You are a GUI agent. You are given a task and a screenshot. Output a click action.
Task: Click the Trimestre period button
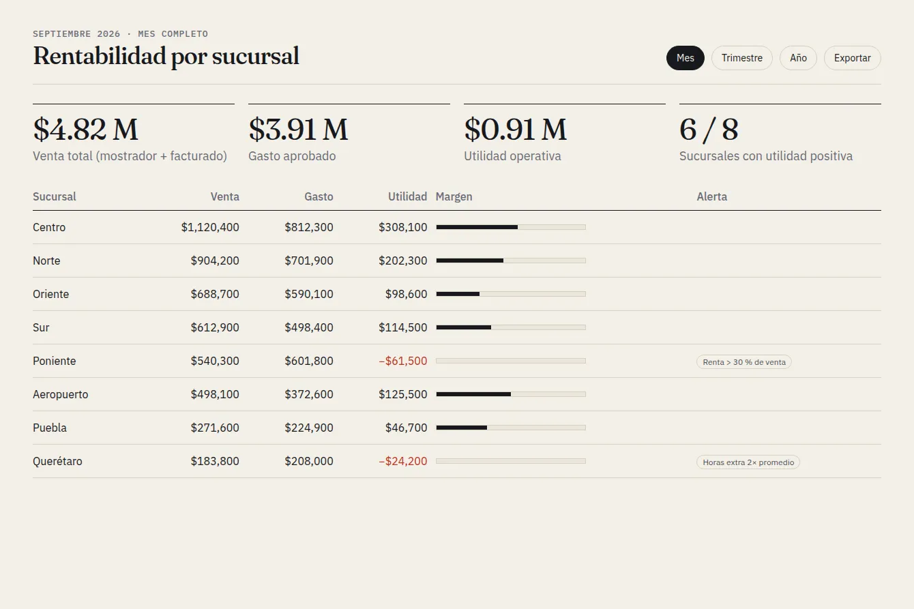click(x=742, y=58)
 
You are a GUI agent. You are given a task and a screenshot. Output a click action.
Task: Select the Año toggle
click(x=798, y=58)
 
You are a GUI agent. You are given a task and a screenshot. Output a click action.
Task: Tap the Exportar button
click(x=853, y=58)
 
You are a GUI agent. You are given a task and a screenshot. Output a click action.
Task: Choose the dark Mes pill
click(x=685, y=58)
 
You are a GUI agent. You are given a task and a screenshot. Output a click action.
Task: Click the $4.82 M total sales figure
click(x=86, y=130)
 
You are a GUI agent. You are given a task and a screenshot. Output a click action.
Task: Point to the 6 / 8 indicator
click(x=709, y=130)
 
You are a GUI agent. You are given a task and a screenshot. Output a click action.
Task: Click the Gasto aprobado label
click(x=292, y=155)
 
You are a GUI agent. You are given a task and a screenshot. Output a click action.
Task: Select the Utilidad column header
click(x=407, y=196)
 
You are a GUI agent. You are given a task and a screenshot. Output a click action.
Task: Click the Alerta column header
click(x=711, y=196)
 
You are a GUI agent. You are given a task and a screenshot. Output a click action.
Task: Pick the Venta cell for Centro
click(x=210, y=227)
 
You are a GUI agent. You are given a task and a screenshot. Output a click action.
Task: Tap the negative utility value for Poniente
click(x=402, y=361)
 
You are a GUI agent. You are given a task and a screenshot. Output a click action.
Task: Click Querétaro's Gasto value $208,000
click(x=309, y=461)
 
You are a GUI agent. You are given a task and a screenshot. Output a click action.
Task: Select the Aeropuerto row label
click(x=61, y=394)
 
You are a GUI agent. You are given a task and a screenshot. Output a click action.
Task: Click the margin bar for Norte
click(x=511, y=261)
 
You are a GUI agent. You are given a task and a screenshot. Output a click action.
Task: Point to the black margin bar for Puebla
click(x=462, y=428)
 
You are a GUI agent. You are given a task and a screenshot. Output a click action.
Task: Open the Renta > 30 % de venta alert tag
click(x=744, y=362)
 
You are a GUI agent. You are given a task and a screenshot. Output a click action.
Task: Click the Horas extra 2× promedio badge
click(x=748, y=462)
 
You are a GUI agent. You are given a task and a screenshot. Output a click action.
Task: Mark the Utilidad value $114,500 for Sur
click(x=402, y=327)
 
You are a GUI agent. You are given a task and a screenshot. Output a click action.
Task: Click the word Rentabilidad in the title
click(x=100, y=56)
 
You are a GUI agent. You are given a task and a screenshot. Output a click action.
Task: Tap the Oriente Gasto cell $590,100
click(x=309, y=294)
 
